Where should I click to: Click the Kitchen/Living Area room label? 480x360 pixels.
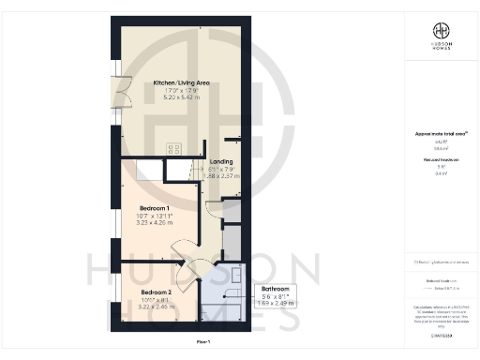(x=181, y=83)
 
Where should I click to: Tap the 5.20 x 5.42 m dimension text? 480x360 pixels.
(x=181, y=97)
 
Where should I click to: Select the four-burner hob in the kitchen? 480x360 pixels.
(x=174, y=147)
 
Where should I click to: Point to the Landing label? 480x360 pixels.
(x=221, y=161)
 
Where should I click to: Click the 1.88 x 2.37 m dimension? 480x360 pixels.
(x=221, y=175)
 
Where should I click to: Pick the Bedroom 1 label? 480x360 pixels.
(x=154, y=207)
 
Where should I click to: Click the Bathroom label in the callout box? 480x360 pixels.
(x=275, y=289)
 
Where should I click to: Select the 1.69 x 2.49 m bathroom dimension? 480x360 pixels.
(x=275, y=303)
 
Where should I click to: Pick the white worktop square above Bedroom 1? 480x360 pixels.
(x=148, y=169)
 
